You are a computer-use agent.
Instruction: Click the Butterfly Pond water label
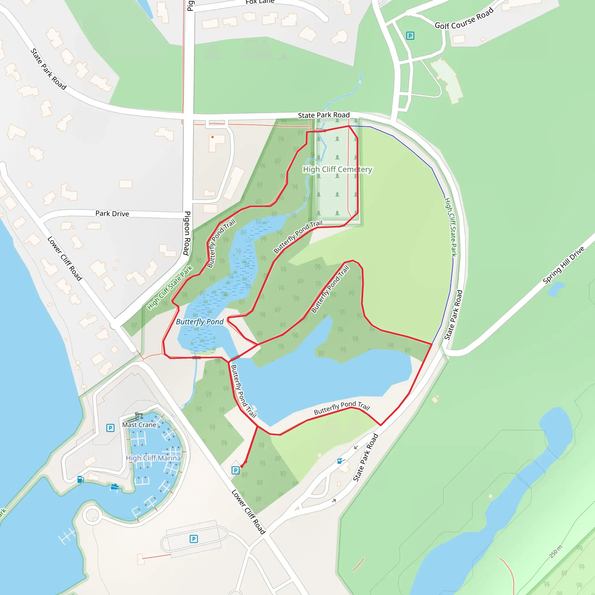pos(200,322)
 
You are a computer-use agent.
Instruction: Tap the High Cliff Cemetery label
pos(338,169)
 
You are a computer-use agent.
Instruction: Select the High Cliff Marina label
pos(153,458)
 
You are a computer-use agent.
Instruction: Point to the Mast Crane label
pos(139,425)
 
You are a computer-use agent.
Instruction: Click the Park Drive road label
pos(112,214)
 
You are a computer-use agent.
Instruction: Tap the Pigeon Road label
pos(187,233)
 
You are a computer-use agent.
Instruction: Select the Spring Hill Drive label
pos(563,265)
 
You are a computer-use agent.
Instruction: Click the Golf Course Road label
pos(464,19)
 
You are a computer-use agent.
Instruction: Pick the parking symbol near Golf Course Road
pos(410,36)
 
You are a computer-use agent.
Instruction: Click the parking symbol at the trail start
pos(235,470)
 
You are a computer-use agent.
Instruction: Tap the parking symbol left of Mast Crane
pos(110,428)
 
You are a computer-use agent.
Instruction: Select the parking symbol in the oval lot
pos(194,539)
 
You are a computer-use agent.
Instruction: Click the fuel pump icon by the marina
pos(81,479)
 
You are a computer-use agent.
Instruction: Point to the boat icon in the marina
pos(114,487)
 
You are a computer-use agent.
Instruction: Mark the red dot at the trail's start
pos(242,466)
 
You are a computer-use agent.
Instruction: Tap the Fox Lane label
pos(260,2)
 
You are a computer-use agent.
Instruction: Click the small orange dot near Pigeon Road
pos(212,137)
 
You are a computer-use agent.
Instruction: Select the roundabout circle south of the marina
pos(92,515)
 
